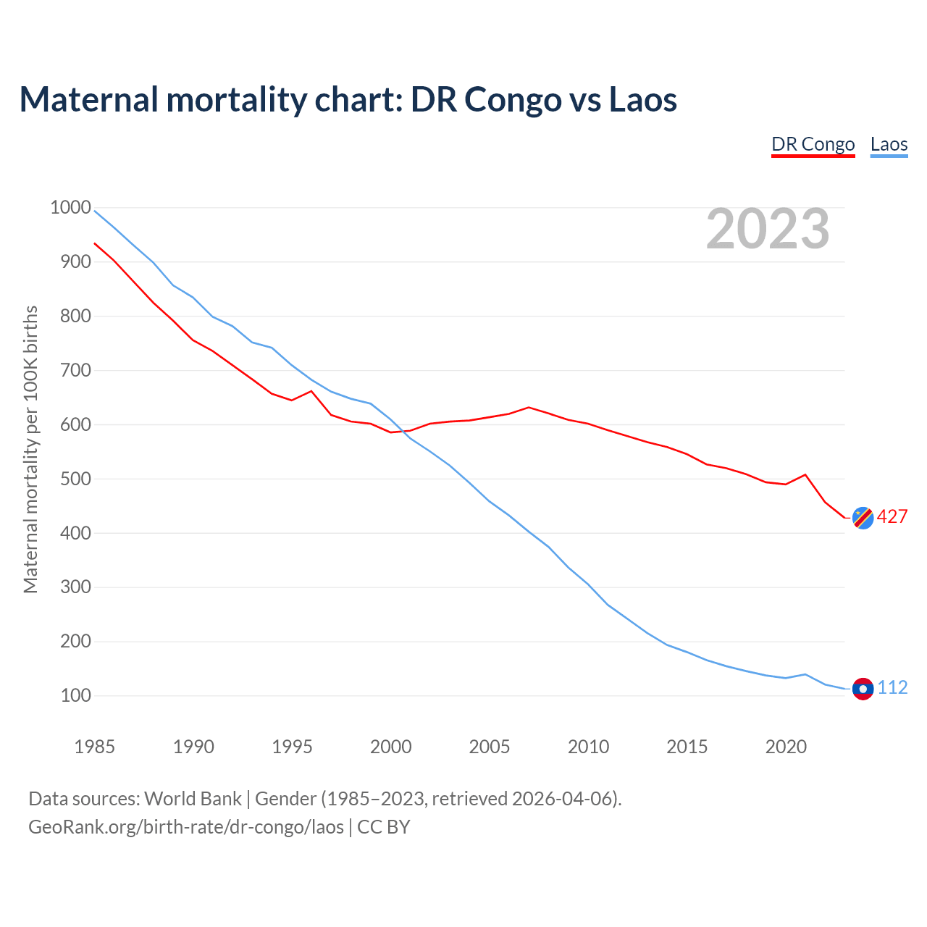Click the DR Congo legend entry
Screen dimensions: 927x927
813,144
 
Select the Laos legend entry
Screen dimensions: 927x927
889,144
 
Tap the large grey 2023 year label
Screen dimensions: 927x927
768,229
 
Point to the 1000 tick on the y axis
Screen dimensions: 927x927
70,208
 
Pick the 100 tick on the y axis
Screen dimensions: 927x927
75,695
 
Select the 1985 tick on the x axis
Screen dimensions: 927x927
94,747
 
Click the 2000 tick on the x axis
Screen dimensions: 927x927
390,747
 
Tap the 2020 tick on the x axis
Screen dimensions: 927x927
786,747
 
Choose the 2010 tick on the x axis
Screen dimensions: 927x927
588,747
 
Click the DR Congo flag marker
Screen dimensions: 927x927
863,518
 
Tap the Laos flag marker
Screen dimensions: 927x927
863,689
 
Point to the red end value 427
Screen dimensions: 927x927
892,516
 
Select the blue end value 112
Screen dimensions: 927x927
892,687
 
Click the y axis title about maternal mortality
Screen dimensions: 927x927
30,450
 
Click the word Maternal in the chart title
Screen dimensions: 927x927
88,99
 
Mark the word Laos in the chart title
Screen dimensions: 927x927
642,99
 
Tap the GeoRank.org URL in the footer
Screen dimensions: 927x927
186,826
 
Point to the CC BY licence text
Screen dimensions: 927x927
384,826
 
